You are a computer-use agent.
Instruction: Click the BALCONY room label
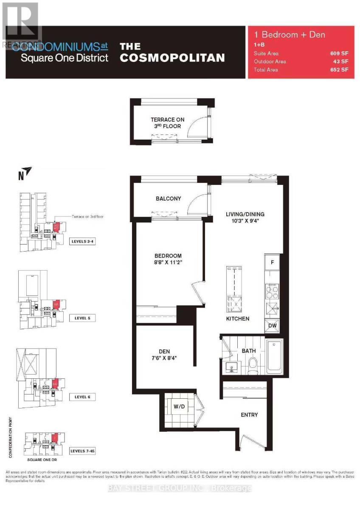coord(168,199)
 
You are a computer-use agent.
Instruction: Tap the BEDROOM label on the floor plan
coord(168,256)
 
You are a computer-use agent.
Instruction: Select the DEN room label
coord(164,351)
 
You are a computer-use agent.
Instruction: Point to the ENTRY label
coord(249,414)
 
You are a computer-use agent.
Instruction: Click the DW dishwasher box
coord(272,325)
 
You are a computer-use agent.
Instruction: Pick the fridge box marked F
coord(273,262)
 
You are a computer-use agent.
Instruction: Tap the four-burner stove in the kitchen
coord(272,292)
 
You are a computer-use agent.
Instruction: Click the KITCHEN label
coord(238,318)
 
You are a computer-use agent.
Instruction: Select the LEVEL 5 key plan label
coord(82,318)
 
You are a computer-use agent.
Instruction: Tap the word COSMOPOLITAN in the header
coord(172,58)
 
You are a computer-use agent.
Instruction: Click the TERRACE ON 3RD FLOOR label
coord(168,123)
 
